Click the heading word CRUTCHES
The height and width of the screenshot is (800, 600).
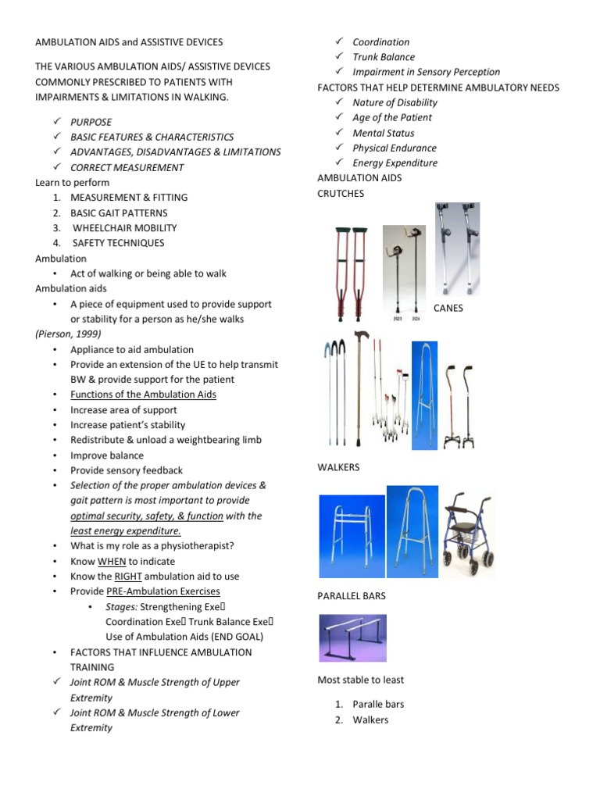(x=341, y=194)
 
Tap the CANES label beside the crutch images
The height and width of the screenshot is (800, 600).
(x=448, y=308)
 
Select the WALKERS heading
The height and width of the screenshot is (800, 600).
(x=340, y=467)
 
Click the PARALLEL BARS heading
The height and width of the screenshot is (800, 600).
(x=352, y=595)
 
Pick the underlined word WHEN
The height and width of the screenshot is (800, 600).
(x=112, y=561)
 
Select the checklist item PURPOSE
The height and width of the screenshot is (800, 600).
(x=91, y=122)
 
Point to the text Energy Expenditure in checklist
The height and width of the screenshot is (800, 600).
(x=395, y=162)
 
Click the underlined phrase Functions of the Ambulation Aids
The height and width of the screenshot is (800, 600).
(x=143, y=394)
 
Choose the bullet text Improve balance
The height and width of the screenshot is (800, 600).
(x=107, y=455)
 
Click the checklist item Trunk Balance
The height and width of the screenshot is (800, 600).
(x=384, y=57)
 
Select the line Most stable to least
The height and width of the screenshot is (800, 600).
(x=360, y=680)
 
